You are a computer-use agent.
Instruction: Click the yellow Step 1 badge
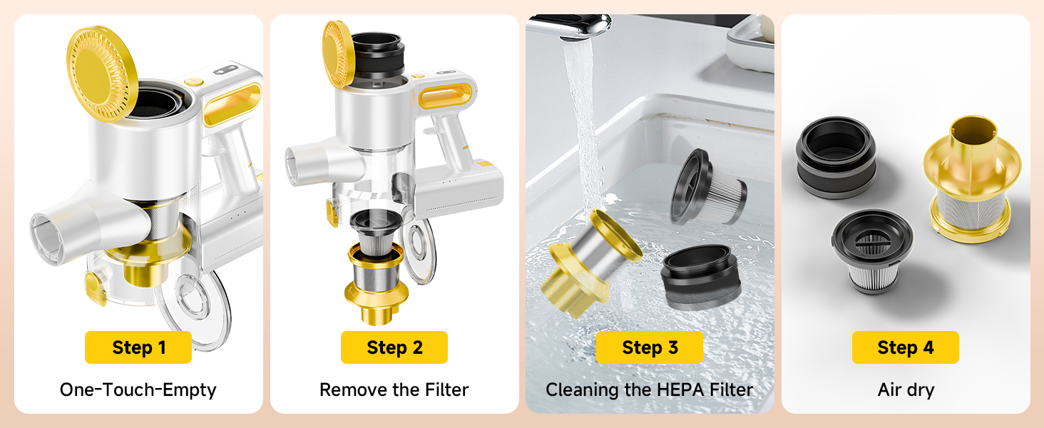[x=138, y=347]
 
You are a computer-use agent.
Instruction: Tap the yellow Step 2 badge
[x=394, y=347]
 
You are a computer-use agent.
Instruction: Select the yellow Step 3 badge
[x=650, y=347]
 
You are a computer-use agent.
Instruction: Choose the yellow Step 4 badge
[x=906, y=347]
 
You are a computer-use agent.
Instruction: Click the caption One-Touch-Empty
[x=138, y=389]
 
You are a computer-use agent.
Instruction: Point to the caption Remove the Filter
[x=394, y=389]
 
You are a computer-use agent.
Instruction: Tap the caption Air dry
[x=906, y=389]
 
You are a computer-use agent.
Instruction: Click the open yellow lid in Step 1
[x=102, y=73]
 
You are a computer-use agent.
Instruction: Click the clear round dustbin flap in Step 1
[x=195, y=307]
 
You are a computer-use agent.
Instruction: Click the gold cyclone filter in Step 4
[x=972, y=180]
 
